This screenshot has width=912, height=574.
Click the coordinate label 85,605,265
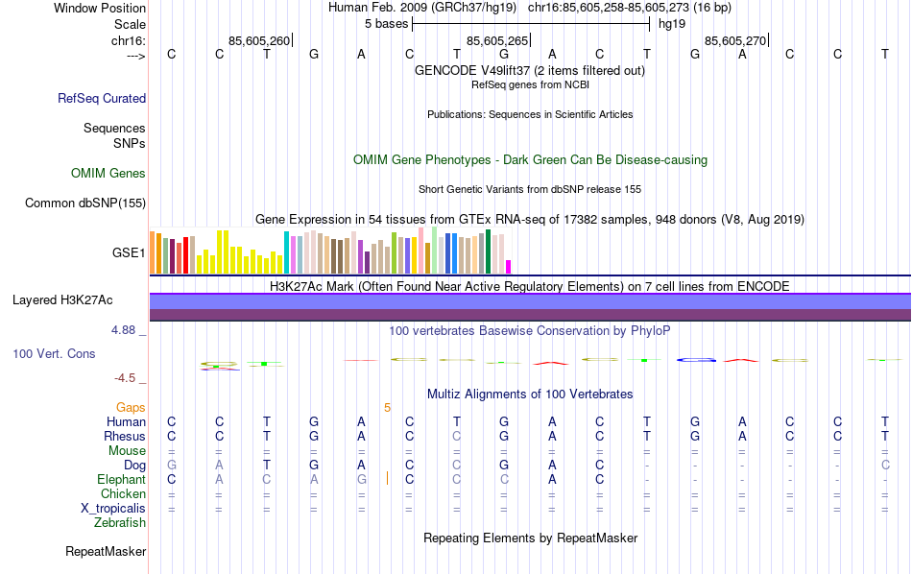(497, 40)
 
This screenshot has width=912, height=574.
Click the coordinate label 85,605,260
(259, 40)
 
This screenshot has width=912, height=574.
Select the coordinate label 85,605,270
(735, 40)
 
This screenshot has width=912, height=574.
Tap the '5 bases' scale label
(387, 24)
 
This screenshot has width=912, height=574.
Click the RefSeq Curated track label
(102, 98)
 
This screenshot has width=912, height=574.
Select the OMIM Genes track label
(108, 174)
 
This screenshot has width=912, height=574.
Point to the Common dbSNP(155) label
(85, 203)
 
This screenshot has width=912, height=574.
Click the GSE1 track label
(129, 253)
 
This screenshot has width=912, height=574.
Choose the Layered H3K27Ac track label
(62, 300)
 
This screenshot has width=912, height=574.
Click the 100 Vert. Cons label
(54, 353)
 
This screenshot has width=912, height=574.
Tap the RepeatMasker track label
(106, 552)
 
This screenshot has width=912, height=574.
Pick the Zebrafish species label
(120, 523)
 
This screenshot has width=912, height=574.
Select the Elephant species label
(121, 479)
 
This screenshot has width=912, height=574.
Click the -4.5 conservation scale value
(125, 378)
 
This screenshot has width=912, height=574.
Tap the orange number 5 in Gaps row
(387, 407)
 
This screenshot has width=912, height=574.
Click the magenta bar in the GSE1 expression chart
(509, 266)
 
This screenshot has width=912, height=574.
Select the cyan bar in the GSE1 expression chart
(286, 252)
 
